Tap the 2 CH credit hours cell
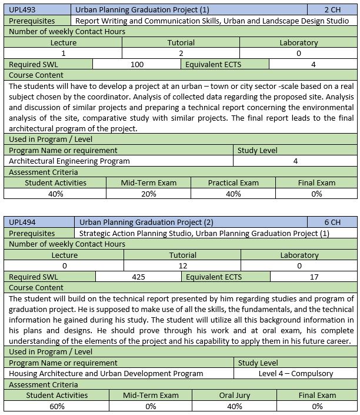(332, 10)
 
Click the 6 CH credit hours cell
(332, 223)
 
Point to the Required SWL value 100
(136, 64)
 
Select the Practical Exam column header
(233, 182)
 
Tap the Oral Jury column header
(235, 395)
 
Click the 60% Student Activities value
(56, 406)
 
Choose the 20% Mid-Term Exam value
(148, 194)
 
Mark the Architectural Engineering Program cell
(69, 161)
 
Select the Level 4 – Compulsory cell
(296, 373)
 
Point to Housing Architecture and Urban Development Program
(106, 373)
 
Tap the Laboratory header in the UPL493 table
(299, 42)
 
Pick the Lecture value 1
(63, 53)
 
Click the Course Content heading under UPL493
(36, 75)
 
